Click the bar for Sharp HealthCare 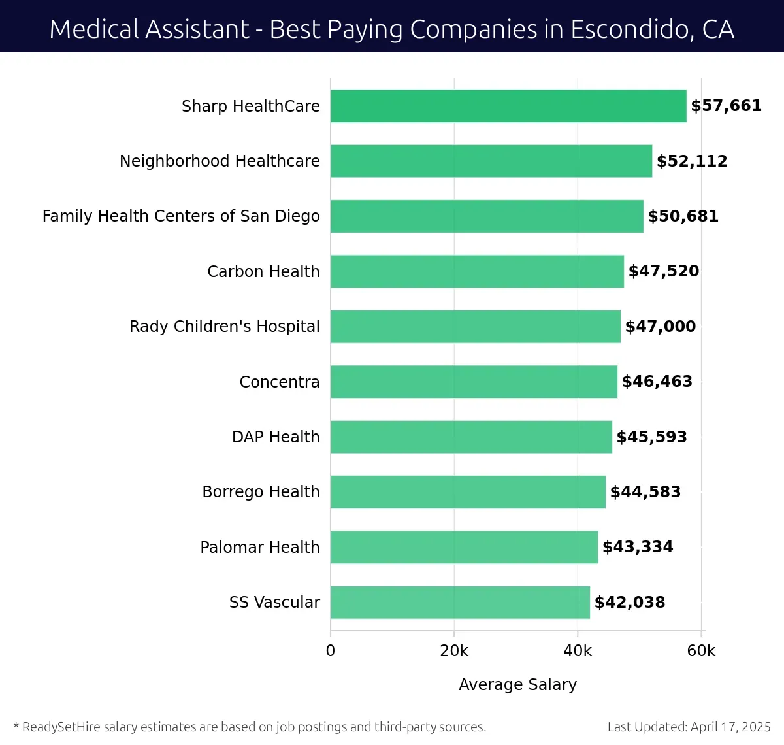(x=508, y=106)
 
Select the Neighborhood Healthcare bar (x=491, y=161)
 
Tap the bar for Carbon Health (x=477, y=271)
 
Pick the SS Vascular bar (x=460, y=602)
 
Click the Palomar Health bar (x=464, y=547)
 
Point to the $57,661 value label (x=726, y=106)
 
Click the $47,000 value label (x=660, y=326)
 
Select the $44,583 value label (x=645, y=491)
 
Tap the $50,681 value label (x=683, y=216)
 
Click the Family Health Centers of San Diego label (x=181, y=216)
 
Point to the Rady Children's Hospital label (x=224, y=326)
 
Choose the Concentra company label (x=279, y=382)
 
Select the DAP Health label (x=276, y=437)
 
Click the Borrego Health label (x=261, y=491)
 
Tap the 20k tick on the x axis (x=454, y=651)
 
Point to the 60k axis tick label (x=701, y=651)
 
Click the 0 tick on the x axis (x=331, y=651)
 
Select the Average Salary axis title (x=517, y=684)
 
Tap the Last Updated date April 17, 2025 (x=730, y=727)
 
